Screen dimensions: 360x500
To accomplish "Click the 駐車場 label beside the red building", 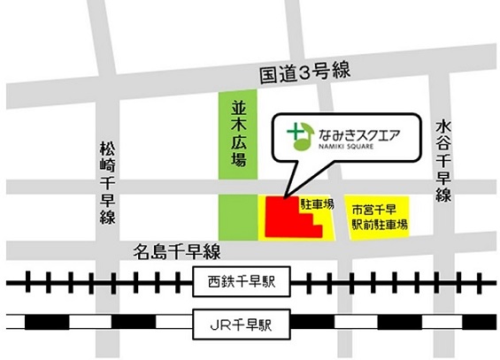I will pos(316,204).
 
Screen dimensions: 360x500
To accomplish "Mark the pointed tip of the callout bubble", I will pos(285,195).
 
